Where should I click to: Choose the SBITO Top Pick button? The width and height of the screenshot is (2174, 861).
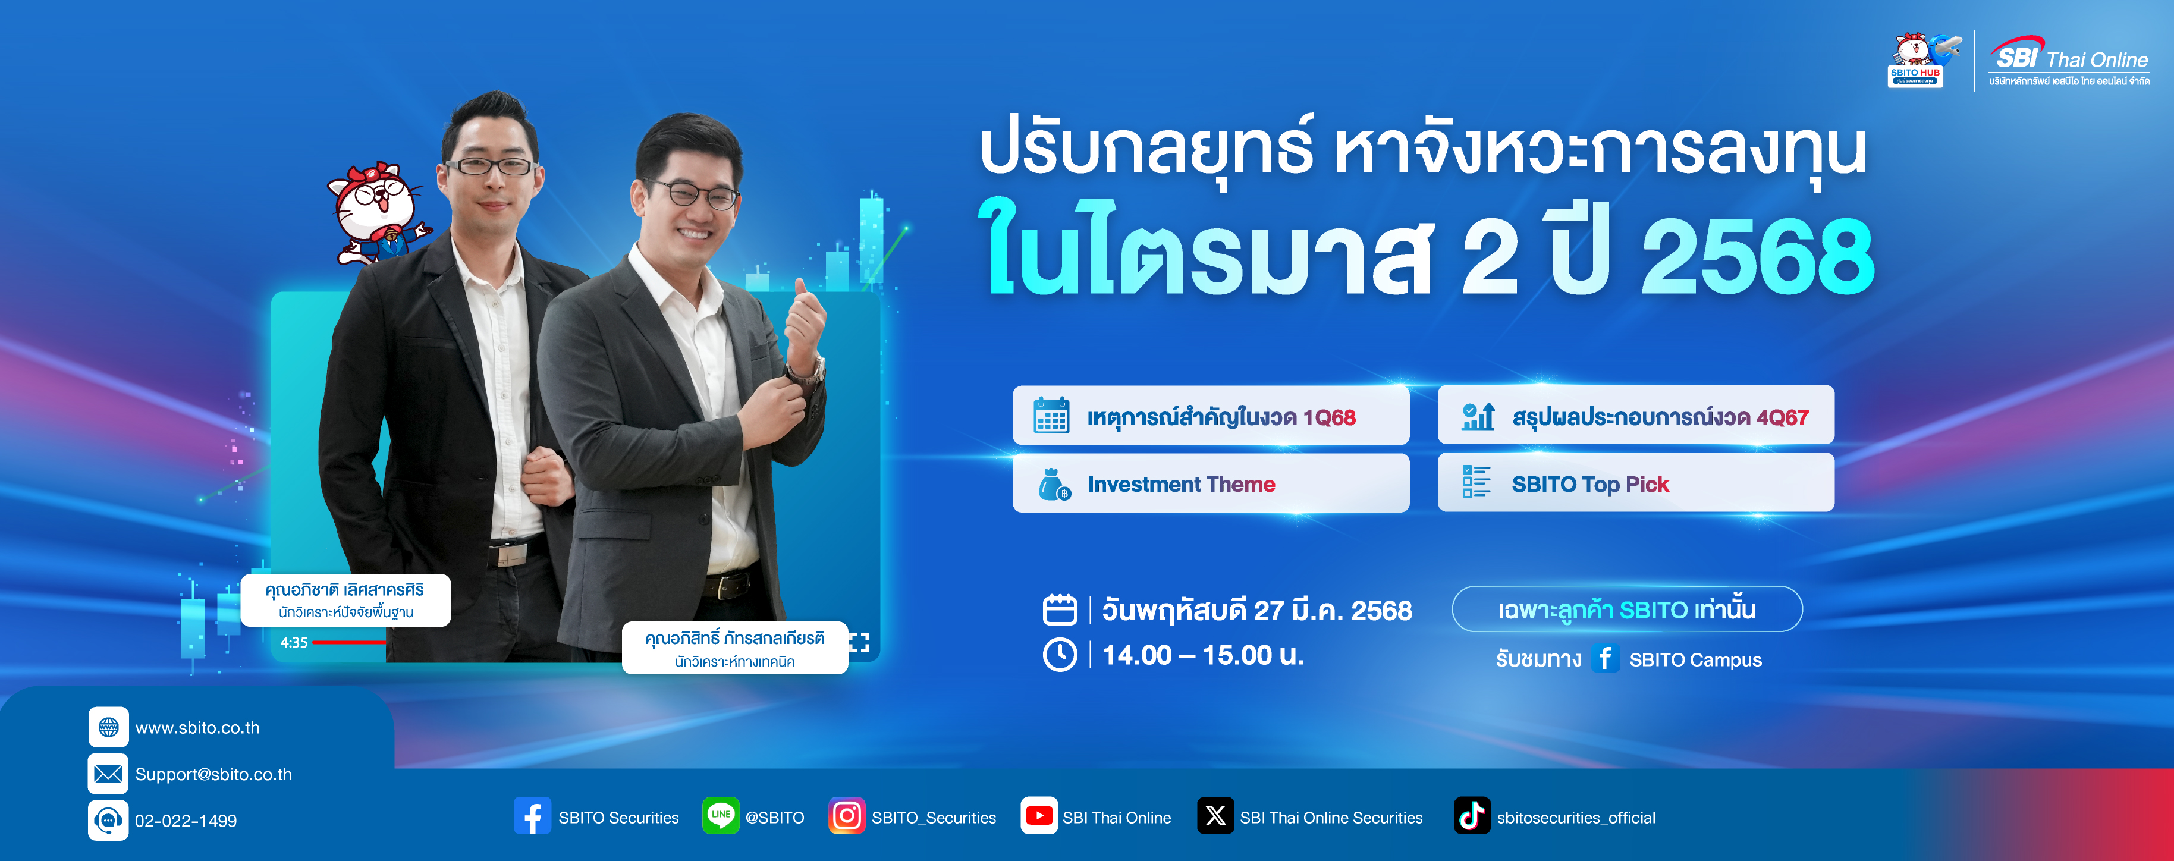1636,483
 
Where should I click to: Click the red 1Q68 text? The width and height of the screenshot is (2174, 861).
1329,418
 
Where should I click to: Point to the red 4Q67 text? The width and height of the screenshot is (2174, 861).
1782,418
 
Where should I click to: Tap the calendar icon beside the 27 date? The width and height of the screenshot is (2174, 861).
1060,609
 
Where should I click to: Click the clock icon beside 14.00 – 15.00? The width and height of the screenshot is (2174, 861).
1060,655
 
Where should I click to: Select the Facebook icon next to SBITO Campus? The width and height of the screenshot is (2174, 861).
1605,658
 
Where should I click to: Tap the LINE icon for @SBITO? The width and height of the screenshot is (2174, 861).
721,815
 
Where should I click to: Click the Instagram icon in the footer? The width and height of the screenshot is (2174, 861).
847,815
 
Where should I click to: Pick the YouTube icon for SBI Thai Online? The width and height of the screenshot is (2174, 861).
1039,815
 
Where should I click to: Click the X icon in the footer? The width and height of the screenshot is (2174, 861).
1215,815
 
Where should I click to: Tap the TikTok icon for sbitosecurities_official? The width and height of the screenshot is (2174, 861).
1472,815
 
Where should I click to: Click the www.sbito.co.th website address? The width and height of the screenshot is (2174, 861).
197,728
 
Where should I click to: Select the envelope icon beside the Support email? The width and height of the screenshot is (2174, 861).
108,773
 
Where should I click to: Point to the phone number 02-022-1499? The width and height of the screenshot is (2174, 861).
186,821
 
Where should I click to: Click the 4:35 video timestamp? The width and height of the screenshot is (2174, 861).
294,642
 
